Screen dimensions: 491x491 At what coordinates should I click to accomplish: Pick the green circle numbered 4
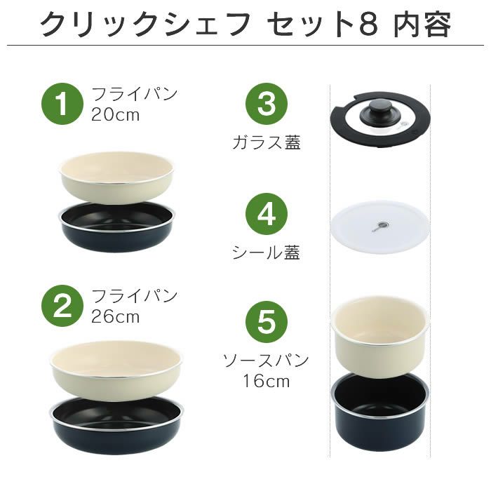[x=267, y=215]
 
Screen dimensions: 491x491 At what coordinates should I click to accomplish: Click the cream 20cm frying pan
[x=116, y=175]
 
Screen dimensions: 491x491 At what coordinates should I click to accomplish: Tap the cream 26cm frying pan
[x=116, y=365]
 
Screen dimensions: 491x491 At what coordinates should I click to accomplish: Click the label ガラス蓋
[x=267, y=143]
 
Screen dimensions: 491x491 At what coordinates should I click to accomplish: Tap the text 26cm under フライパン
[x=116, y=316]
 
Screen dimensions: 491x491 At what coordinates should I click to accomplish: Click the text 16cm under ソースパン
[x=267, y=382]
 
